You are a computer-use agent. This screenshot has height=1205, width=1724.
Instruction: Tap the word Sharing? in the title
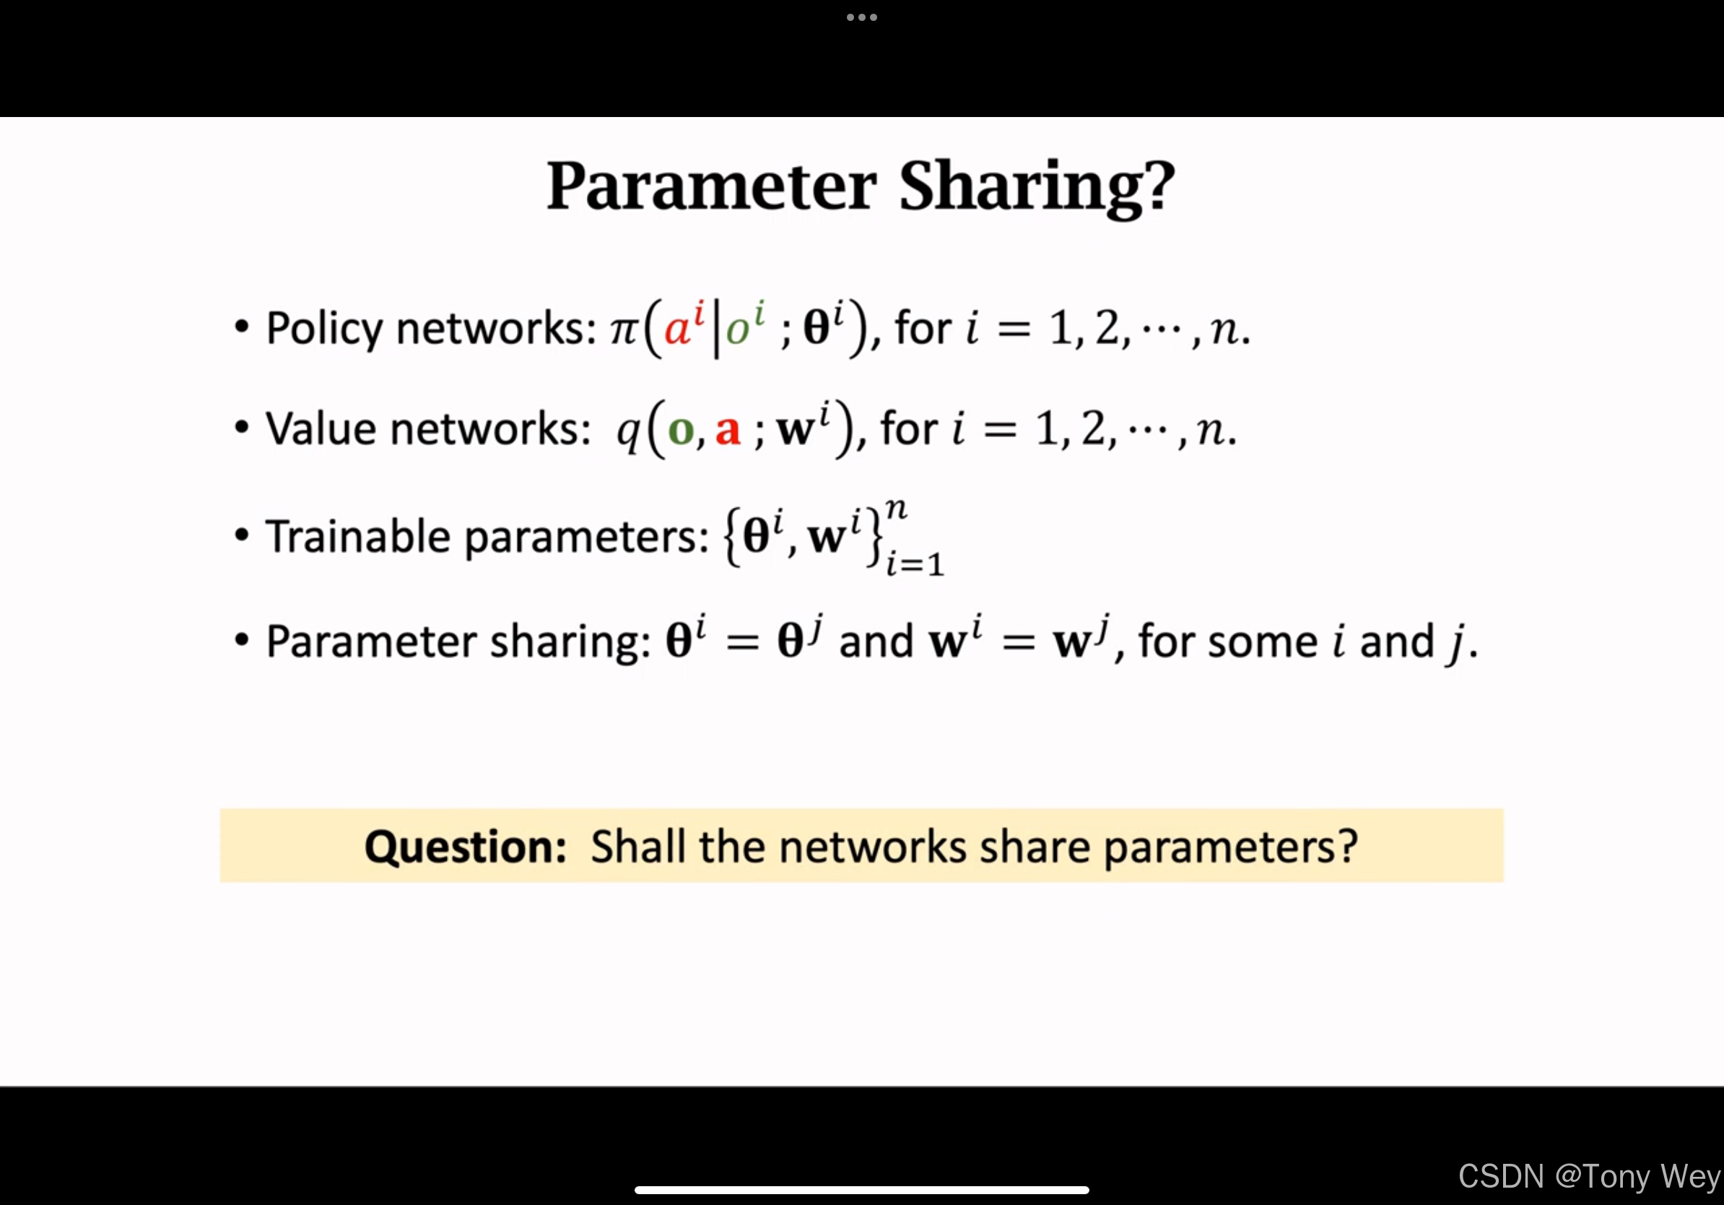pos(1037,188)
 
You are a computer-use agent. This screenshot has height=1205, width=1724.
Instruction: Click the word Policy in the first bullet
pos(325,329)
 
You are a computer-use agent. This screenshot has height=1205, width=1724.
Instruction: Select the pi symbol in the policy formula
pos(624,329)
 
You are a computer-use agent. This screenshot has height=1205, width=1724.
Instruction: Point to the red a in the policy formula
pos(677,329)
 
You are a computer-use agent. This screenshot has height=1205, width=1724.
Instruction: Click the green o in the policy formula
pos(737,330)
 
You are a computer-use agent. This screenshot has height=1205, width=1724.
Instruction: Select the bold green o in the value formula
pos(681,431)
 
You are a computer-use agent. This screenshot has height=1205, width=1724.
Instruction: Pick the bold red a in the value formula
pos(728,431)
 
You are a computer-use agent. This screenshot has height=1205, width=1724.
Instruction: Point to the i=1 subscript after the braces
pos(915,564)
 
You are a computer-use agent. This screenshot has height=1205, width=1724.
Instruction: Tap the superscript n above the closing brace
pos(897,510)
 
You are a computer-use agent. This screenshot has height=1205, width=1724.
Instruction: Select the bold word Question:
pos(465,847)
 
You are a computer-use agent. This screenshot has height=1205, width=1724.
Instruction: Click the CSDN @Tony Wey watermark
pos(1590,1176)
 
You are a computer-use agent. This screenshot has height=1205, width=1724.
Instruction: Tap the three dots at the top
pos(862,17)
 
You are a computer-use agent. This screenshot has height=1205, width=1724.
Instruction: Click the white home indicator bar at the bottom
pos(862,1190)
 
